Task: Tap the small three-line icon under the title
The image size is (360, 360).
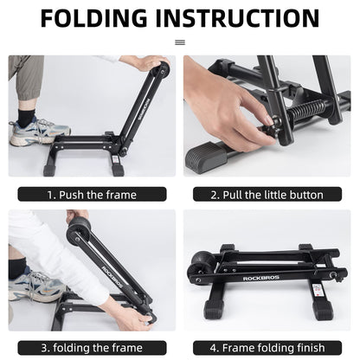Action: pyautogui.click(x=180, y=41)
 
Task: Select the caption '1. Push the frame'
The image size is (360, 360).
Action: pyautogui.click(x=92, y=195)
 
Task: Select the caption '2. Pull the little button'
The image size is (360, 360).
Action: pyautogui.click(x=267, y=195)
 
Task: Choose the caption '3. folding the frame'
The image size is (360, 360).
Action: pyautogui.click(x=92, y=347)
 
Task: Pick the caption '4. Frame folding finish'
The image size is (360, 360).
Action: pyautogui.click(x=267, y=347)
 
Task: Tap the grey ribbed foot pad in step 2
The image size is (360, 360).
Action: pyautogui.click(x=216, y=159)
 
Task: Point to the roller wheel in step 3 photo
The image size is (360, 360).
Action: pyautogui.click(x=80, y=228)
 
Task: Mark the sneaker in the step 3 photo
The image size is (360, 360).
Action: pyautogui.click(x=33, y=286)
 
